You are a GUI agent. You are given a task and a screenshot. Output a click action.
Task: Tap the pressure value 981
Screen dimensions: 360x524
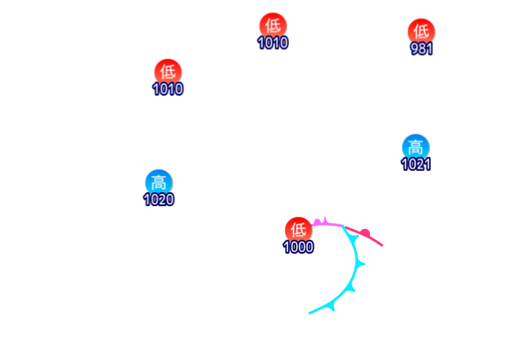(x=422, y=48)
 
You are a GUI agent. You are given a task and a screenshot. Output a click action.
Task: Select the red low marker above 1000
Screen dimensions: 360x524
(x=298, y=230)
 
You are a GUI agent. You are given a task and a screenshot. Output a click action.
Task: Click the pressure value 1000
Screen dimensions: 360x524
(x=298, y=247)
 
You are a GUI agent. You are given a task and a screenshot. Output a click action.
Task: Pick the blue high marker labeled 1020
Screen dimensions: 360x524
(x=159, y=182)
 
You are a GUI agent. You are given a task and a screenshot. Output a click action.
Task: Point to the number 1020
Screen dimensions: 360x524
(x=159, y=200)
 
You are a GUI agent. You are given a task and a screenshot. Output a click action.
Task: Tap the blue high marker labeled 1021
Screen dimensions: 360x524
(x=416, y=146)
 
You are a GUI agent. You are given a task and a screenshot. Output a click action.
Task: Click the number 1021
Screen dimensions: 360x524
(x=416, y=164)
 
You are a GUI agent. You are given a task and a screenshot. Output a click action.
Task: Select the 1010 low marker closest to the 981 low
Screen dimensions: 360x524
(x=273, y=25)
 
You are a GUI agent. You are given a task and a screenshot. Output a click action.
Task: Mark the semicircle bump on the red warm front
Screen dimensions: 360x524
(x=364, y=232)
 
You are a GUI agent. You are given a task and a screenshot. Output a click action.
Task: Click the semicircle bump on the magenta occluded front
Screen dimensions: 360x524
(x=318, y=222)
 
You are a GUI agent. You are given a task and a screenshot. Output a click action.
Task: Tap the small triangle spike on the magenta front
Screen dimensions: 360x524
(x=325, y=219)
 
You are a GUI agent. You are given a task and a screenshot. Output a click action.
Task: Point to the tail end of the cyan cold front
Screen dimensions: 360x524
(x=309, y=313)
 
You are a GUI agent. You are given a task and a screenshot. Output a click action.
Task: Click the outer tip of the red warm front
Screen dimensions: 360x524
(x=382, y=245)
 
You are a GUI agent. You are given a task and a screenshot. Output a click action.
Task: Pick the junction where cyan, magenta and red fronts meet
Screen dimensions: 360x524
(x=343, y=226)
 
